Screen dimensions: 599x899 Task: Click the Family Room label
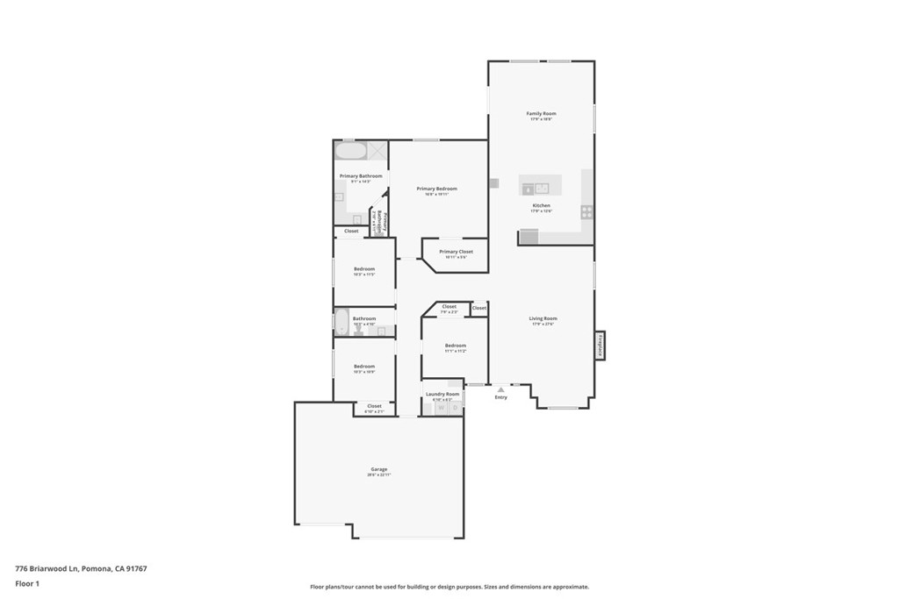tap(541, 113)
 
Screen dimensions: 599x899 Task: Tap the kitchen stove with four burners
tap(586, 211)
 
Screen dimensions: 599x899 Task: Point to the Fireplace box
tap(601, 344)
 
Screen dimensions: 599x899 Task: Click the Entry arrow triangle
tap(500, 389)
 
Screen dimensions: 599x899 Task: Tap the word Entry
tap(500, 397)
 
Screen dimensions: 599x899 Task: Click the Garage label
tap(378, 469)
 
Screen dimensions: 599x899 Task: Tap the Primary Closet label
tap(456, 252)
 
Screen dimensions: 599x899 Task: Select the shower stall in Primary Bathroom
tap(377, 150)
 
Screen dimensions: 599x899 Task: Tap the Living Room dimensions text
tap(543, 324)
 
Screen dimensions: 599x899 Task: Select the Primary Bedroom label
tap(436, 189)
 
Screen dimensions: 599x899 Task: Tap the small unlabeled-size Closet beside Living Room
tap(478, 309)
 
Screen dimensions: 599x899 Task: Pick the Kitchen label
tap(541, 205)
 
